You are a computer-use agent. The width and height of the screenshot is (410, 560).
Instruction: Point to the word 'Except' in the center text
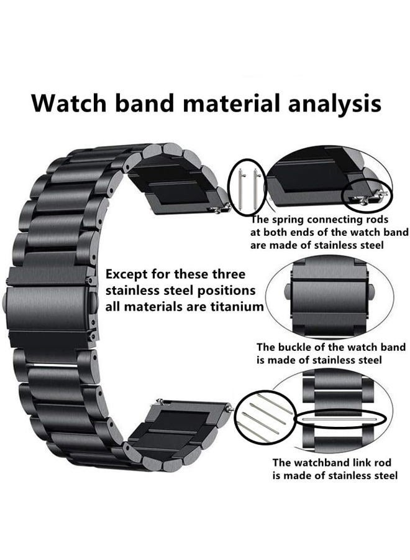click(x=126, y=275)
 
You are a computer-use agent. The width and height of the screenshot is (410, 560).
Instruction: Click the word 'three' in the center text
click(x=229, y=274)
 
